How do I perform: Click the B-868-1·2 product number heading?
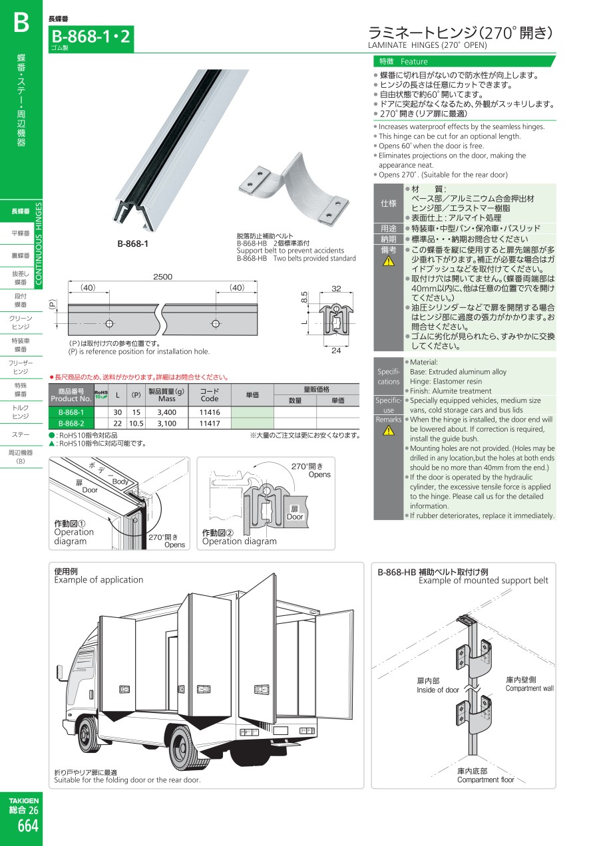tap(91, 37)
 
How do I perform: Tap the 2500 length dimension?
tap(163, 277)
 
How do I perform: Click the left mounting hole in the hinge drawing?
tap(109, 324)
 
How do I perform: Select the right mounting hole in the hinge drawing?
tap(216, 324)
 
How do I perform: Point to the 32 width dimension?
tap(336, 289)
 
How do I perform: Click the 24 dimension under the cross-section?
tap(336, 351)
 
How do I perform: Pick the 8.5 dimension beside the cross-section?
tap(304, 297)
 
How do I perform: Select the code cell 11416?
tap(210, 412)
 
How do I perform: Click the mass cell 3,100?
tap(166, 424)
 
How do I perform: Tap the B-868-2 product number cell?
tap(71, 424)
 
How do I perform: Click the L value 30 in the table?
tap(118, 412)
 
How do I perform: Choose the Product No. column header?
tap(71, 395)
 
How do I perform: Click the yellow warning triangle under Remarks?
tap(389, 430)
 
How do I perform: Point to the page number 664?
tap(28, 826)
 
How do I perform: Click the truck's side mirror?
tap(60, 673)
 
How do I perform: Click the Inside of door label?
tap(438, 690)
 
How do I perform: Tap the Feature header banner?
tap(464, 61)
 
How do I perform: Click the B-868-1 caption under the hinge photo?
tap(132, 243)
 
